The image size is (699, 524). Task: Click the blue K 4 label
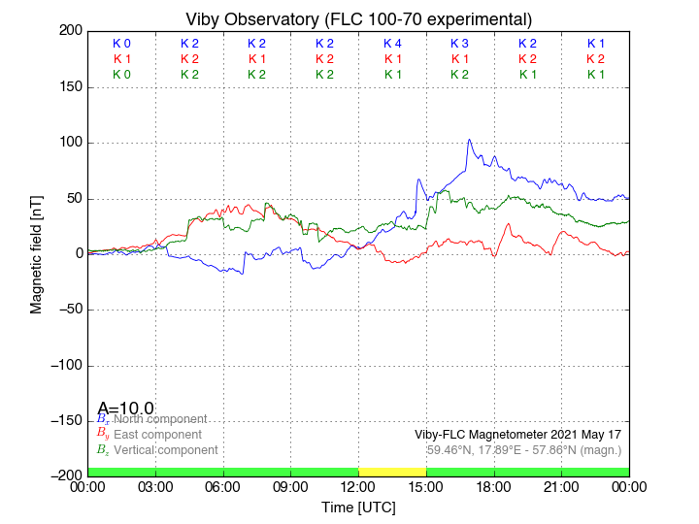click(x=392, y=44)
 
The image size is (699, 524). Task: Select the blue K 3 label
click(x=459, y=44)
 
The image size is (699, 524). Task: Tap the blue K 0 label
click(x=121, y=44)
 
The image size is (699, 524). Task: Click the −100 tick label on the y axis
click(x=63, y=366)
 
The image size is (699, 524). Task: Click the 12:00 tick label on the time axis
click(x=358, y=486)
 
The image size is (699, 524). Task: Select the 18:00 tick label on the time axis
click(x=493, y=486)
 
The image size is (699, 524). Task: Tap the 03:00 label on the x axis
click(x=155, y=486)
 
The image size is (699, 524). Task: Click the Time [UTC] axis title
click(x=358, y=508)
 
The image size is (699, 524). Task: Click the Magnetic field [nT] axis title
click(x=37, y=252)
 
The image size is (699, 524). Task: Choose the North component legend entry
click(x=156, y=418)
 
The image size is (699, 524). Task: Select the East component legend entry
click(x=157, y=434)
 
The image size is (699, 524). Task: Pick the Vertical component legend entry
click(x=164, y=450)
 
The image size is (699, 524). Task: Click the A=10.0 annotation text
click(x=126, y=408)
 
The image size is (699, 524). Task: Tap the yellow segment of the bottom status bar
click(x=392, y=471)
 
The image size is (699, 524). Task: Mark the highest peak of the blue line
click(x=470, y=140)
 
